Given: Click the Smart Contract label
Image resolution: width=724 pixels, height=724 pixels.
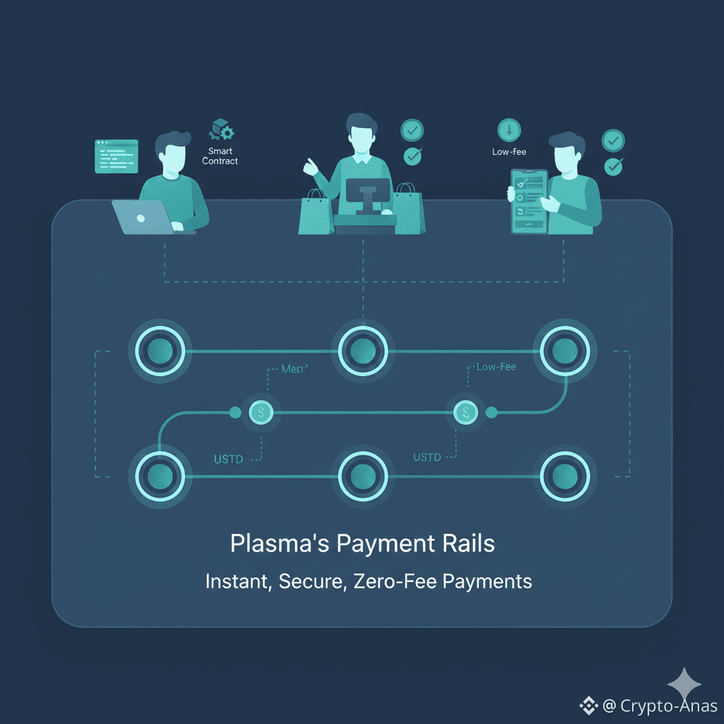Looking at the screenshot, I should click(x=220, y=156).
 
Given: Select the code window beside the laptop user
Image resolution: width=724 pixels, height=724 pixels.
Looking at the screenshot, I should click(x=116, y=156).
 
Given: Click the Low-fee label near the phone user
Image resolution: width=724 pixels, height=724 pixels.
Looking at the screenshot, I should click(x=509, y=152).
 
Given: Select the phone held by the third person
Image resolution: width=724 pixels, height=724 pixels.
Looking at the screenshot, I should click(x=529, y=202).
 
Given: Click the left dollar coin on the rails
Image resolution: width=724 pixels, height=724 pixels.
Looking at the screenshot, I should click(x=261, y=411).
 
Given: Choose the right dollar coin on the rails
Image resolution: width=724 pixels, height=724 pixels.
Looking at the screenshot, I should click(x=465, y=411).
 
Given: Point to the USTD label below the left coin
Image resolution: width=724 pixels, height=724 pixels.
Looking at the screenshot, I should click(x=228, y=460).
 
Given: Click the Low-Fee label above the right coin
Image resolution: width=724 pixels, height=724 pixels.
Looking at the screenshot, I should click(x=496, y=367).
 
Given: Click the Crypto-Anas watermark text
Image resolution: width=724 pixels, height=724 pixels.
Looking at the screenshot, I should click(x=668, y=706).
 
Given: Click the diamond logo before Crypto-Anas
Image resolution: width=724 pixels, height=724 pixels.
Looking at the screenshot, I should click(x=589, y=705).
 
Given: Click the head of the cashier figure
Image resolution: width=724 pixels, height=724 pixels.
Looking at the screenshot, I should click(x=363, y=132).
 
